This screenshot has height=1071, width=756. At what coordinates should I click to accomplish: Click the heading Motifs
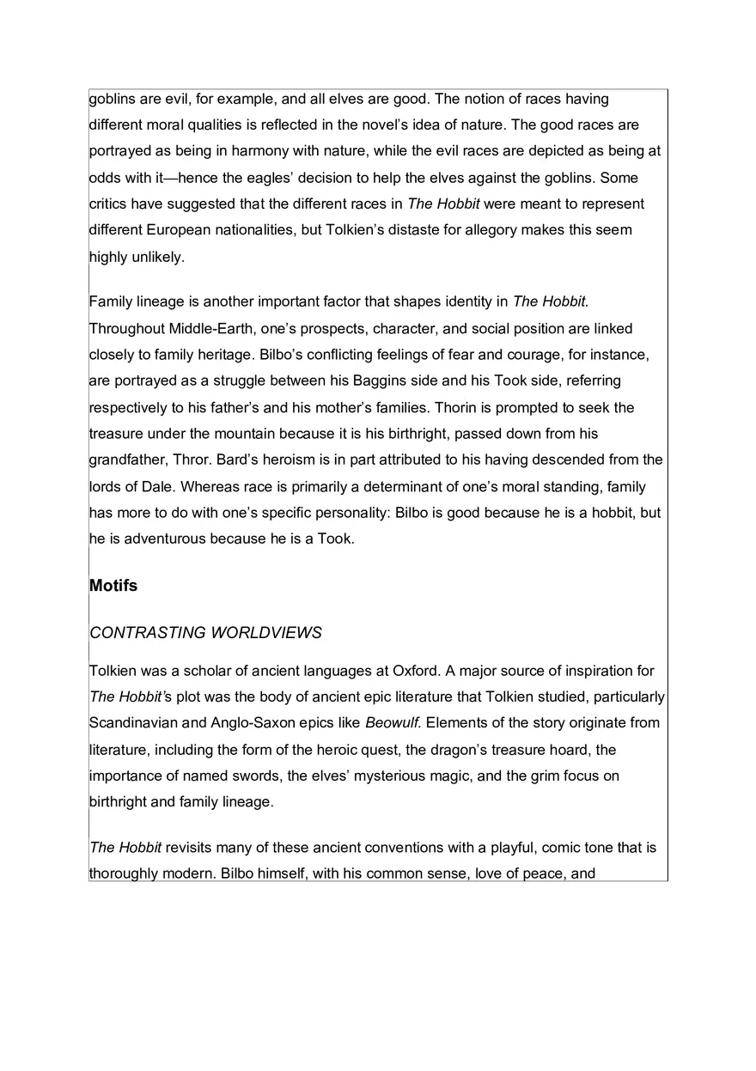coord(113,586)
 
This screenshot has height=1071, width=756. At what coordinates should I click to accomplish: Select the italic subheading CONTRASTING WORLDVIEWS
coord(205,633)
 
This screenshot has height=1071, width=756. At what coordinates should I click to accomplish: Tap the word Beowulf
coord(391,723)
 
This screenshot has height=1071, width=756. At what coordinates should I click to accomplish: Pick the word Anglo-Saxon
coord(243,723)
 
